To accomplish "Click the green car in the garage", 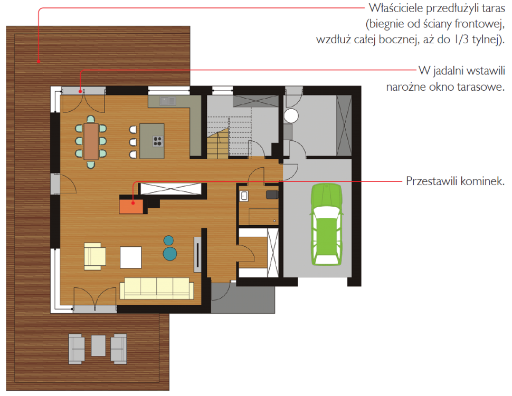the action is pos(326,225).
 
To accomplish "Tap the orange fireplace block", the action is pos(131,206).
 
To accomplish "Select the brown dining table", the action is pos(91,141).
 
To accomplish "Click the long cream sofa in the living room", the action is pos(157,288).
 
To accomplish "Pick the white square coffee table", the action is pos(130,257).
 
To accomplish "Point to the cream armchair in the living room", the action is pos(94,256).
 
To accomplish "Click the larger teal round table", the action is pos(170,254).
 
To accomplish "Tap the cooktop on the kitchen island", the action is pos(158,141).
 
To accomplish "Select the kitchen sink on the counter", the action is pos(168,101).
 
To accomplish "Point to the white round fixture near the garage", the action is pos(291,115).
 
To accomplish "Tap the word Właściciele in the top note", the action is pos(396,8).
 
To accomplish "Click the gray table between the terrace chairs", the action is pos(98,345).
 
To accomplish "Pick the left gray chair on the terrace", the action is pos(77,349).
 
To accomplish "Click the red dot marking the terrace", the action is pos(39,61).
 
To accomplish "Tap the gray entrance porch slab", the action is pos(243,298).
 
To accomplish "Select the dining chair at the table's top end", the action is pos(91,119).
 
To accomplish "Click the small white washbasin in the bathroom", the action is pos(243,196).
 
